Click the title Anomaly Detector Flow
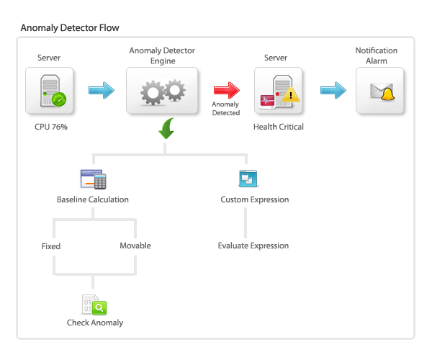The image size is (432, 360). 70,27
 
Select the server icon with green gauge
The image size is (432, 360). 49,91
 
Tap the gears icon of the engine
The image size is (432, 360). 162,91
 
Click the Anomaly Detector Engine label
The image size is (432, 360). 162,57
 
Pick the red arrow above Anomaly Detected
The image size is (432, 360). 226,91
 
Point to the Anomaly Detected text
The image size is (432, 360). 225,109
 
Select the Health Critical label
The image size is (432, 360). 278,127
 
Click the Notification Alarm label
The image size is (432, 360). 377,56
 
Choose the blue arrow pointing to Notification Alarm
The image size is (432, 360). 333,91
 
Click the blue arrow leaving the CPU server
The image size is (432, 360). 102,91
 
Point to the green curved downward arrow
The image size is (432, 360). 166,130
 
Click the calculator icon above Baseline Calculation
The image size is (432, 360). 94,179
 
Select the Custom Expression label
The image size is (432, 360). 254,199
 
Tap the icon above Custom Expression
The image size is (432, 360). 246,179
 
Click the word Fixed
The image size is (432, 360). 51,246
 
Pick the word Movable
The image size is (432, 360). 135,246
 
